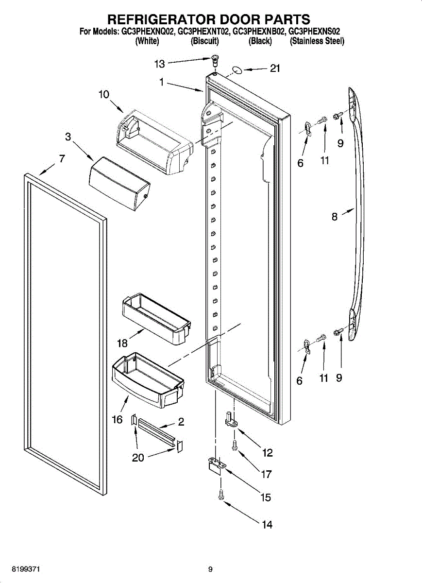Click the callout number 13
pos(160,64)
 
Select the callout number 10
pos(104,95)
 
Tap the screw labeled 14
pos(221,495)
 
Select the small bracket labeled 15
pos(215,464)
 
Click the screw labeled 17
pos(235,445)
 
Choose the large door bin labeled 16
pos(148,379)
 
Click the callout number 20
pos(138,458)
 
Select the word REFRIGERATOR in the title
pos(161,19)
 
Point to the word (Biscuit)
pos(204,41)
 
